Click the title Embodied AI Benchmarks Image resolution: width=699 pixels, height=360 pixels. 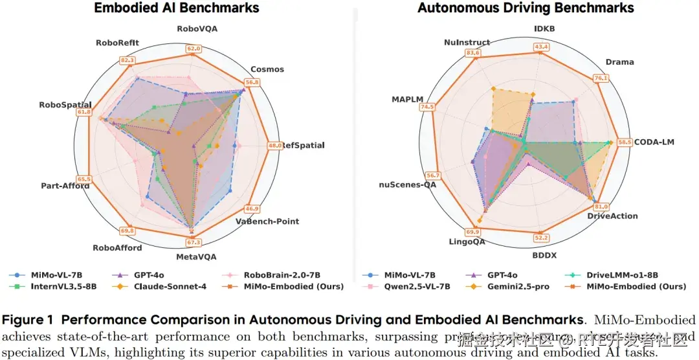tap(177, 8)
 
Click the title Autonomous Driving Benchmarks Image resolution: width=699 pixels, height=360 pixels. tap(526, 8)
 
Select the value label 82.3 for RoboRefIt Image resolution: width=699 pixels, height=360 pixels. tap(128, 60)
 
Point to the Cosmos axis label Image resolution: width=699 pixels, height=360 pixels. tap(267, 69)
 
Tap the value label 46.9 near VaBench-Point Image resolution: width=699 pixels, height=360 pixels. tap(252, 208)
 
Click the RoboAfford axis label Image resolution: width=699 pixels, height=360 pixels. tap(117, 247)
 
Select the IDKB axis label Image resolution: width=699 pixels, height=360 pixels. tap(544, 29)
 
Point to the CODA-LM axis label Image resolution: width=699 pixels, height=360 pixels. tap(654, 142)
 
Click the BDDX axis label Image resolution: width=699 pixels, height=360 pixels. tap(543, 256)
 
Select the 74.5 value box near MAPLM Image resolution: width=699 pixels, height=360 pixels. tap(427, 107)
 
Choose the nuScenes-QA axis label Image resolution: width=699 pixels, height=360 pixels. tap(408, 185)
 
